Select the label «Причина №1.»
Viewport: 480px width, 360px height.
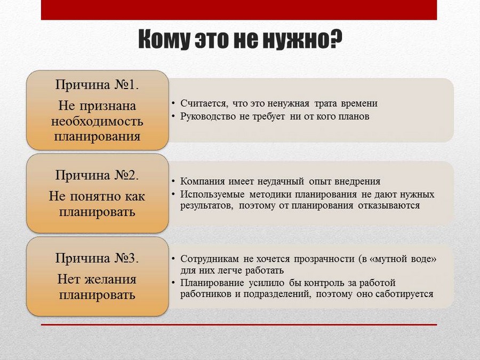97,85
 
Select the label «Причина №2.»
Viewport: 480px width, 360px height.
97,175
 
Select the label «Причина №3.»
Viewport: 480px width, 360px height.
97,258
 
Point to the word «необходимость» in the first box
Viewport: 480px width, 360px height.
97,121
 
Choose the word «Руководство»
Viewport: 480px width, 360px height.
208,117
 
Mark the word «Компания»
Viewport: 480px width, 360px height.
202,181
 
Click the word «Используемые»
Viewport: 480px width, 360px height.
212,194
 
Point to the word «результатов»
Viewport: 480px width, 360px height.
207,205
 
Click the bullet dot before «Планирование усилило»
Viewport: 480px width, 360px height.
173,283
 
